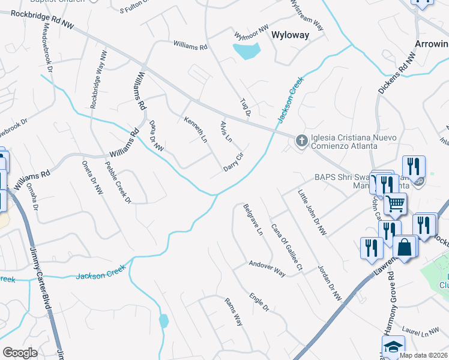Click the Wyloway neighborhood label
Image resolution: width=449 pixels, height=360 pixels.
point(291,35)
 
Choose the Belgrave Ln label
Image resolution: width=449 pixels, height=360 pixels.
point(253,219)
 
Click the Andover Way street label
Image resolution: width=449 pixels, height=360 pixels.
point(267,268)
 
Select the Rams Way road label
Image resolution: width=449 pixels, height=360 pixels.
point(233,311)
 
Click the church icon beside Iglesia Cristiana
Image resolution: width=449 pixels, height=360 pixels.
point(301,141)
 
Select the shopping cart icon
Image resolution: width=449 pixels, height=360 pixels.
point(396,205)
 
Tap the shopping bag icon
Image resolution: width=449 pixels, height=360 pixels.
point(405,247)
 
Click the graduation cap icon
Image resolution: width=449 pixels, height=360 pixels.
point(393,347)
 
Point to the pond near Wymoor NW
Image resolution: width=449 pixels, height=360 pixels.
point(247,52)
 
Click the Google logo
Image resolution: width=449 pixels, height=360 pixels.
point(20,353)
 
